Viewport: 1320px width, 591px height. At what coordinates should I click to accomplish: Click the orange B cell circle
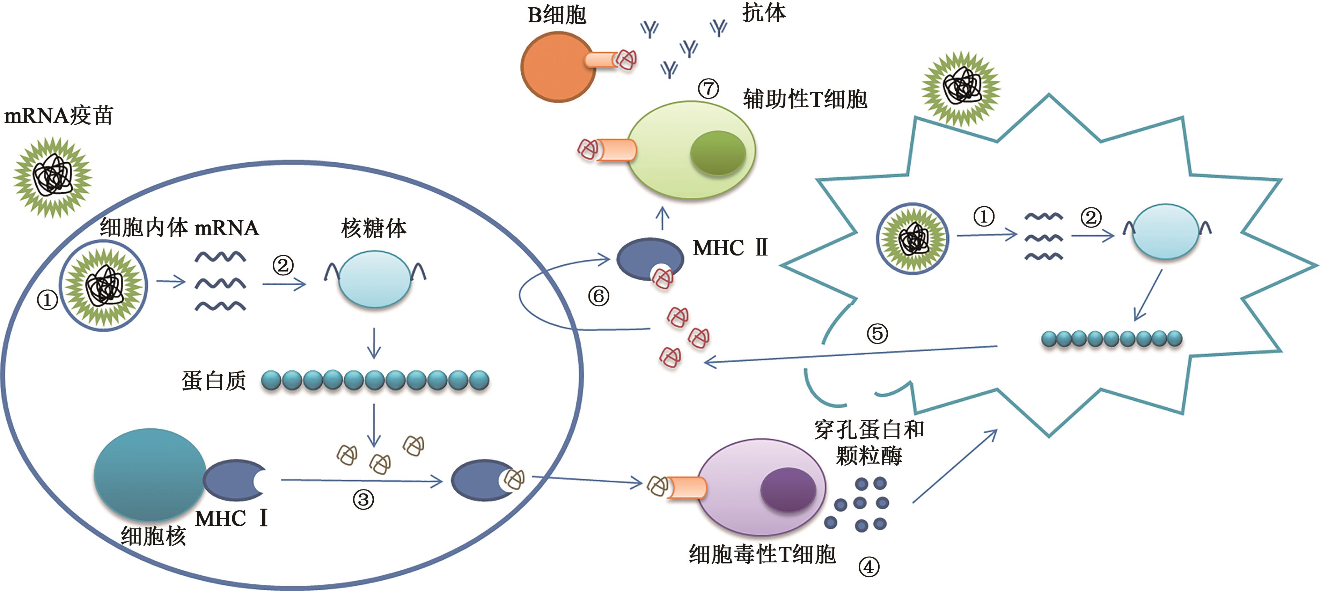(558, 67)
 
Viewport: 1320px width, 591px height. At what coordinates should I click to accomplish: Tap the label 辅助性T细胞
(805, 99)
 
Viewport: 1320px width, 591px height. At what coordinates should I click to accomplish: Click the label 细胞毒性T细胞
(762, 554)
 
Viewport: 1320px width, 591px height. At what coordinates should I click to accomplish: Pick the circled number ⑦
(709, 89)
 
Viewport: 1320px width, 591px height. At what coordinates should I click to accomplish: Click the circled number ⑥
(599, 296)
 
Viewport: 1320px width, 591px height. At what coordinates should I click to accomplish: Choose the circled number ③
(363, 499)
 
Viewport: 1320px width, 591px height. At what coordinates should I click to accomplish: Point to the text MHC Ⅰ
(232, 519)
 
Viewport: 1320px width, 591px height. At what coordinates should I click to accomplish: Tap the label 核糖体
(374, 228)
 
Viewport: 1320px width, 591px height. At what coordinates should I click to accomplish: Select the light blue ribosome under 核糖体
(375, 279)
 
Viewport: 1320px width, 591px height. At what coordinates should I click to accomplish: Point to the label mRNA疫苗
(58, 116)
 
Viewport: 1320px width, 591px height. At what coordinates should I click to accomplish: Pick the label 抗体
(763, 13)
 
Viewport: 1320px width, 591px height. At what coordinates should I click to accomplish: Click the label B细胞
(557, 15)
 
